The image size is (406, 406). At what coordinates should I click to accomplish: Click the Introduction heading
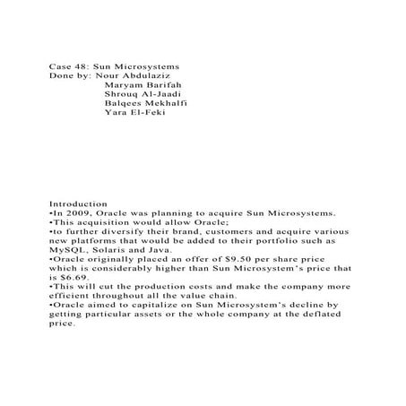pos(78,204)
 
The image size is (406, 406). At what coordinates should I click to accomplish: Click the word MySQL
pos(66,250)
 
